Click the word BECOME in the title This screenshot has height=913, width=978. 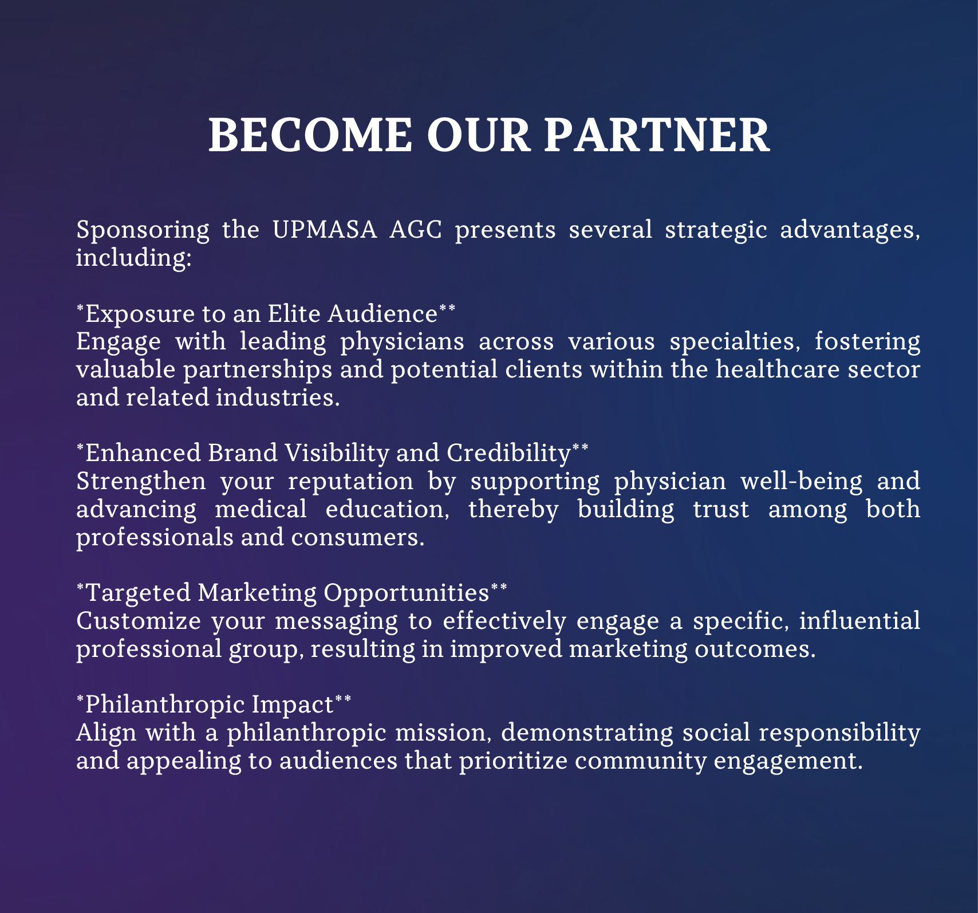pos(310,135)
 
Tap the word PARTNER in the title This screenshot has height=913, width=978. pos(657,135)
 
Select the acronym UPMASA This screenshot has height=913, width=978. pos(325,230)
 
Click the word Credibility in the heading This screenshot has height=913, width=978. pos(509,454)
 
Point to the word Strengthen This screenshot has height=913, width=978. pos(141,482)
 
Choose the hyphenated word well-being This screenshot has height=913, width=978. pos(802,482)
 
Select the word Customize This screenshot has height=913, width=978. pos(139,621)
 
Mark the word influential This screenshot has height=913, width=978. pos(860,621)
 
